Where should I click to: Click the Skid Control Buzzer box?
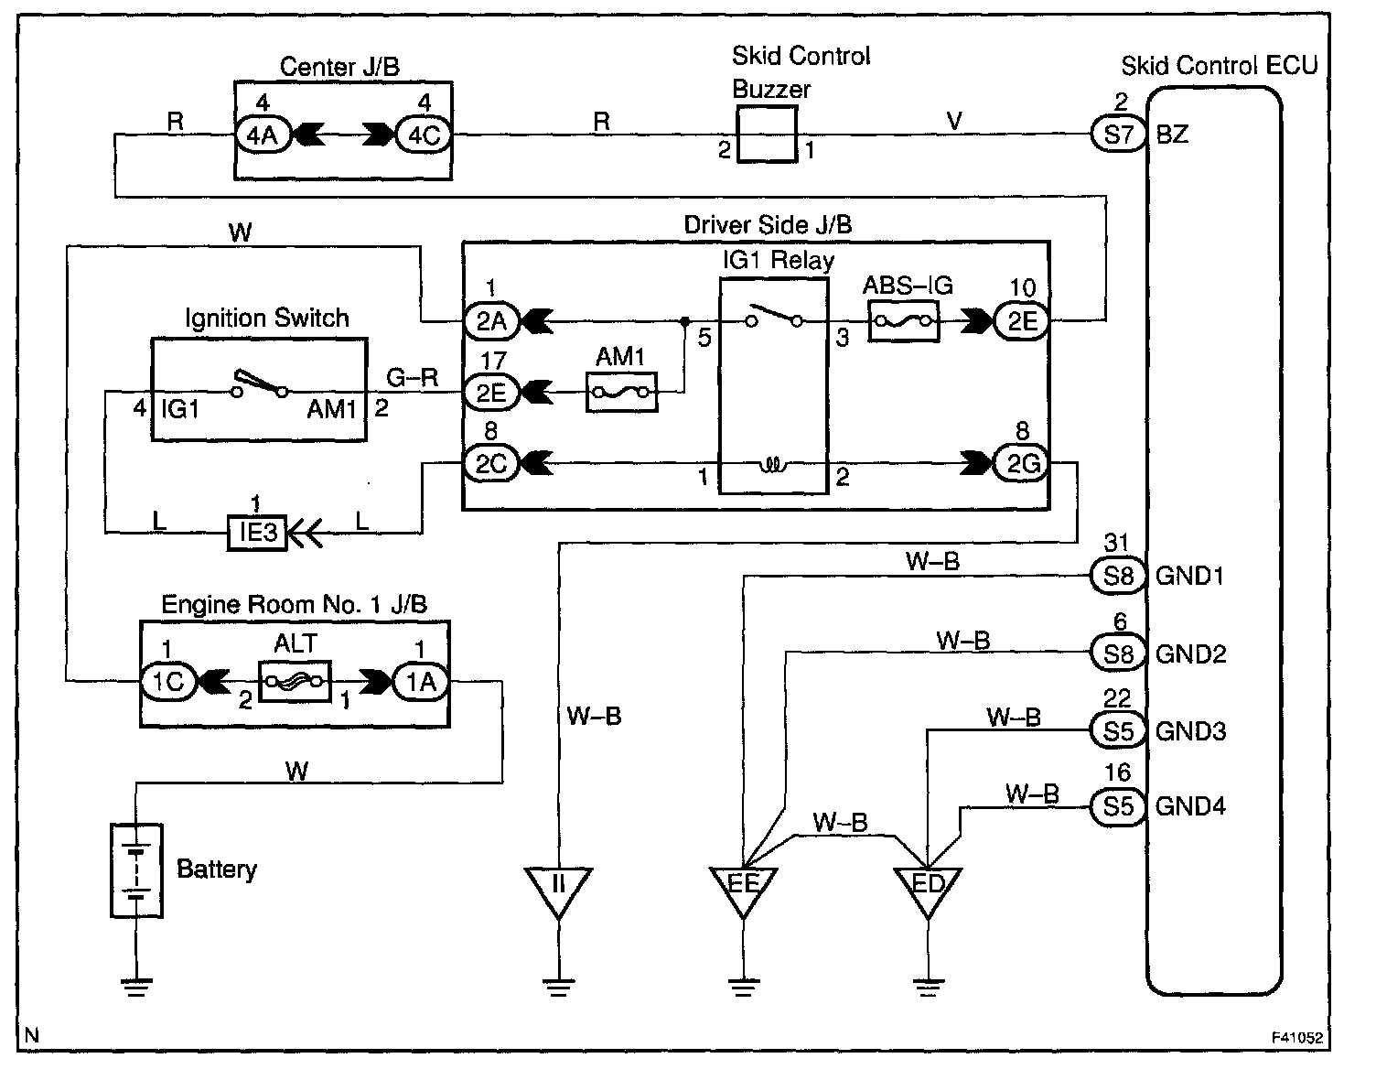tap(767, 135)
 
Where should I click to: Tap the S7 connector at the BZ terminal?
tap(1119, 135)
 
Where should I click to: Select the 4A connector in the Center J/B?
tap(263, 135)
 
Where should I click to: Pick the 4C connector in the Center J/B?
tap(424, 135)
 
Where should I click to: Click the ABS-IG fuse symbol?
tap(903, 322)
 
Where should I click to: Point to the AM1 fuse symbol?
tap(622, 393)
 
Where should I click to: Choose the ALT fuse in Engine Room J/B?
tap(296, 682)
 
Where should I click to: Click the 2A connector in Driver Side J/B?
tap(492, 321)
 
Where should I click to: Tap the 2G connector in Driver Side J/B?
tap(1021, 464)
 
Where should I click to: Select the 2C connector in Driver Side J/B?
tap(492, 464)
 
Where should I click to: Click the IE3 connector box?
tap(257, 533)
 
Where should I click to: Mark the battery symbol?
tap(137, 870)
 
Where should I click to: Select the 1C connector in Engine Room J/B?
tap(168, 682)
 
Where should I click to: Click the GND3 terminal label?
tap(1190, 731)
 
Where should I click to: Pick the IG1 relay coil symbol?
tap(773, 466)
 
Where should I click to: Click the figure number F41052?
tap(1297, 1038)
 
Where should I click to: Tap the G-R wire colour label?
tap(413, 377)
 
